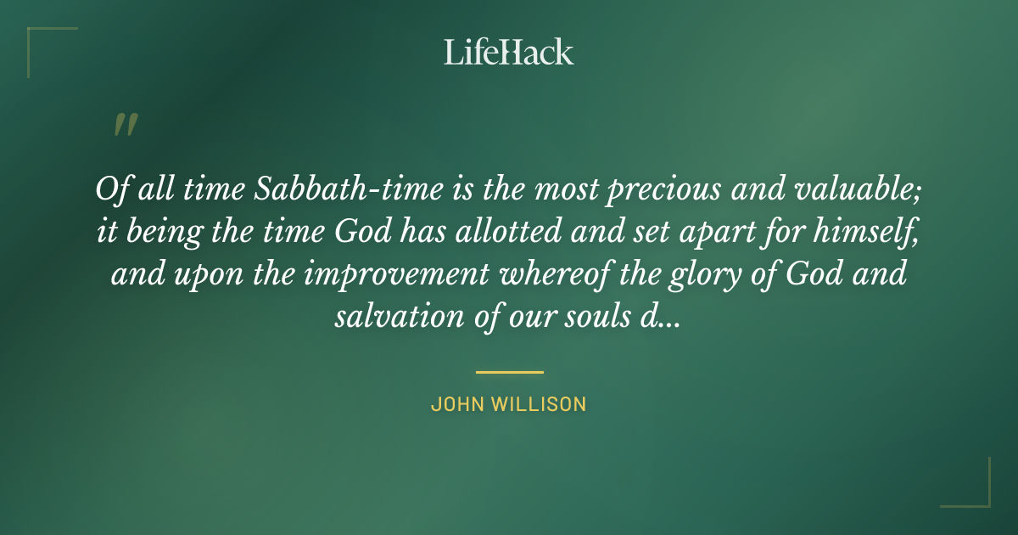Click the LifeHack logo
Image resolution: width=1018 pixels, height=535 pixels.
[x=509, y=52]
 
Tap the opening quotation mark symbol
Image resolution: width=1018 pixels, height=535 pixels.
[x=125, y=125]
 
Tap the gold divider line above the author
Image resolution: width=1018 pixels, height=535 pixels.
[x=509, y=372]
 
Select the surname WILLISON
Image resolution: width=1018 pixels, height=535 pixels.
[x=541, y=404]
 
